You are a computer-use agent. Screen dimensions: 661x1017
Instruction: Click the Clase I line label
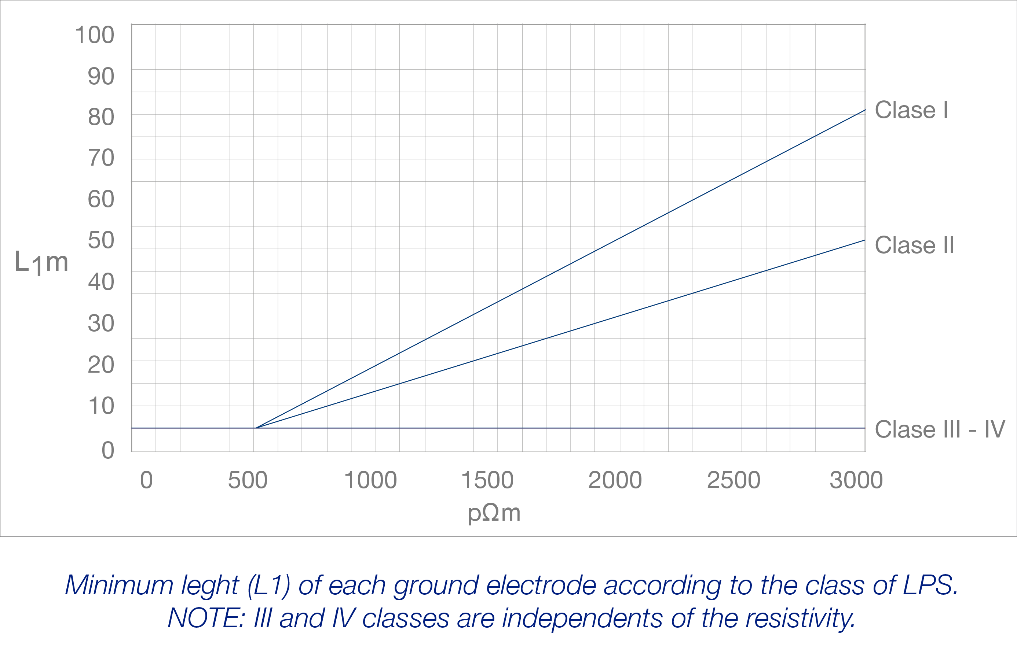(x=911, y=110)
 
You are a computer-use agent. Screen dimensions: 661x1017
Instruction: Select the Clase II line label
(x=914, y=245)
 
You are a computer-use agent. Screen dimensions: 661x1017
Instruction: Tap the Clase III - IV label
(x=939, y=429)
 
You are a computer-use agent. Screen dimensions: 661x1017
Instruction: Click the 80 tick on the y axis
(x=101, y=117)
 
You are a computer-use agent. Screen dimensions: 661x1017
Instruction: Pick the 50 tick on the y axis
(x=101, y=240)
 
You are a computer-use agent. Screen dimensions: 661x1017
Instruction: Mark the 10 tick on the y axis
(x=101, y=406)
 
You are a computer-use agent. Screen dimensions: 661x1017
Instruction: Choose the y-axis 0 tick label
(x=108, y=450)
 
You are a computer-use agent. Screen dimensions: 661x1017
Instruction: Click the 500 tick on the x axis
(x=248, y=480)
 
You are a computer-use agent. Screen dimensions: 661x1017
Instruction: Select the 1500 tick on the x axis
(x=487, y=480)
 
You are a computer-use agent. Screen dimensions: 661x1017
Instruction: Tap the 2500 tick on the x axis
(x=733, y=480)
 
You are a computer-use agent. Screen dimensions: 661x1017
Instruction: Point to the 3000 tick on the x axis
(x=856, y=480)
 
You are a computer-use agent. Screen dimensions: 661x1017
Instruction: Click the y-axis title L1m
(x=41, y=262)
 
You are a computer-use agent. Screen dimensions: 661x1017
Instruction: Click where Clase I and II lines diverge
(x=256, y=428)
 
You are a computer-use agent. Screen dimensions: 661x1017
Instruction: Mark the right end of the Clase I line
(x=865, y=110)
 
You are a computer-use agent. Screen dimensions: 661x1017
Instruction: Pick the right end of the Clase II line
(x=864, y=240)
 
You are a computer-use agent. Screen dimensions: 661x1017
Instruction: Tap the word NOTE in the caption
(x=205, y=618)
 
